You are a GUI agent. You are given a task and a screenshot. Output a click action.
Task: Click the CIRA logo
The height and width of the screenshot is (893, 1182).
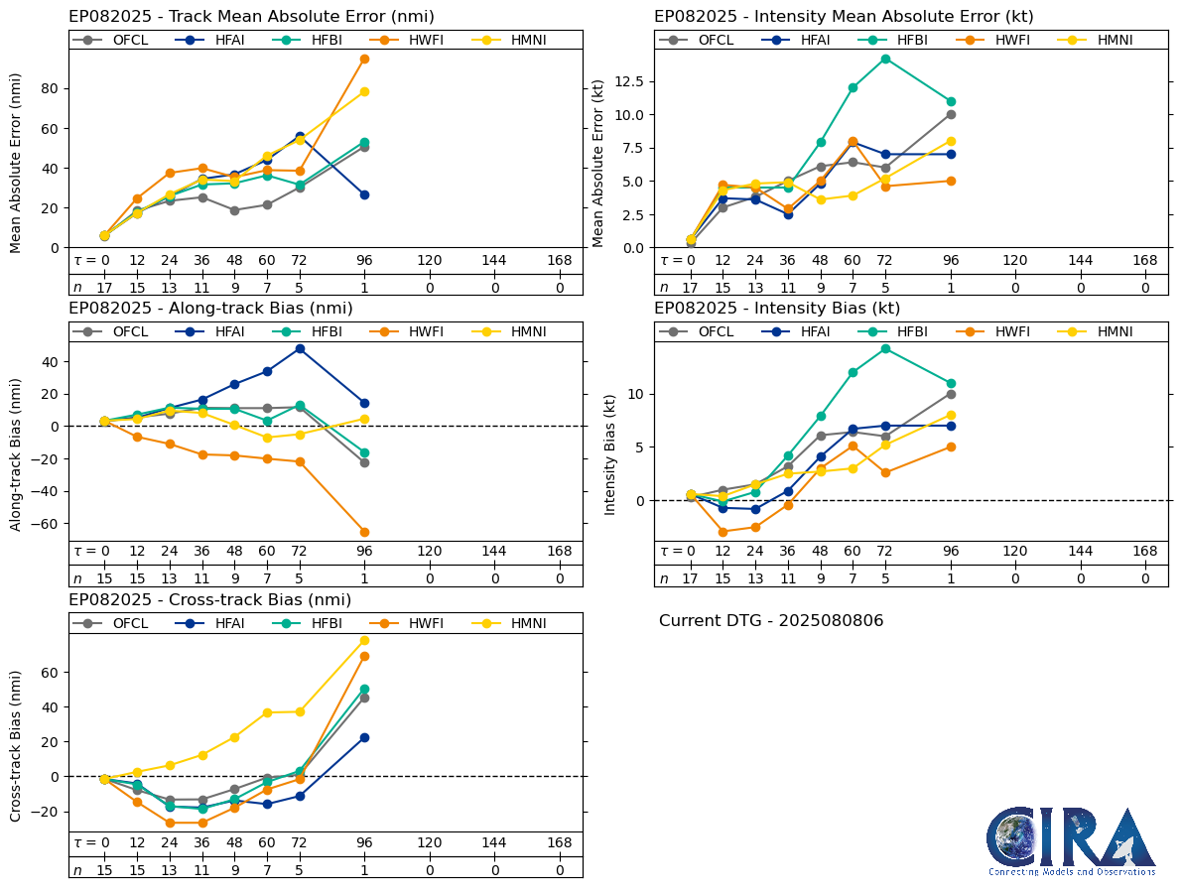tap(1071, 840)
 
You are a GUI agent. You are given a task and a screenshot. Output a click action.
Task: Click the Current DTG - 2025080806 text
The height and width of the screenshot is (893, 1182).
tap(770, 621)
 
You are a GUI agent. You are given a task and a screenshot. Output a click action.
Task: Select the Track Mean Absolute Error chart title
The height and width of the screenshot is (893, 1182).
tap(251, 17)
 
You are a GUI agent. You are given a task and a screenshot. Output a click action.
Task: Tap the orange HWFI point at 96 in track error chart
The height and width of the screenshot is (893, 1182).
tap(364, 59)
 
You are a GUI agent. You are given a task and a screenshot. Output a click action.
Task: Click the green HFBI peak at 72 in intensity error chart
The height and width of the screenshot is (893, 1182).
tap(885, 59)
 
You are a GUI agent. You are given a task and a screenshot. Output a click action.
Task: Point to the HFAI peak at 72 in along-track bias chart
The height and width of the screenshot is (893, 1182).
tap(300, 348)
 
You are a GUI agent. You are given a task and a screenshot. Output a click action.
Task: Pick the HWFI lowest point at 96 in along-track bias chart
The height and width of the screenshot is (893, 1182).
tap(364, 532)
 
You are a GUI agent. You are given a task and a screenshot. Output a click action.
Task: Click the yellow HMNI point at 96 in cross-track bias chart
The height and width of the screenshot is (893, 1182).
tap(364, 640)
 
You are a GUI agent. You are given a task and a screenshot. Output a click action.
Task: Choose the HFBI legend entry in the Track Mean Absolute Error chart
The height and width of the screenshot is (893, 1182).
tap(309, 40)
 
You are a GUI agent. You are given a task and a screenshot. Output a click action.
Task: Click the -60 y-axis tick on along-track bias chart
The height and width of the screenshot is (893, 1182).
tap(43, 523)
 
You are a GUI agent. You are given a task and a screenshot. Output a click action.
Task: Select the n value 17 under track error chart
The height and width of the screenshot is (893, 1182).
tap(104, 287)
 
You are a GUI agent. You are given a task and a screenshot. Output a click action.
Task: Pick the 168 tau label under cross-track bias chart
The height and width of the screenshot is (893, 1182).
tap(559, 842)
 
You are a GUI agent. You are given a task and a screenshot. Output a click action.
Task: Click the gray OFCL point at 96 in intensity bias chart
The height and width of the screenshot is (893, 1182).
tap(951, 394)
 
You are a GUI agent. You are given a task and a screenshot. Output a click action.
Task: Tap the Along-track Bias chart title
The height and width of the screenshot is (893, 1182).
tap(210, 308)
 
